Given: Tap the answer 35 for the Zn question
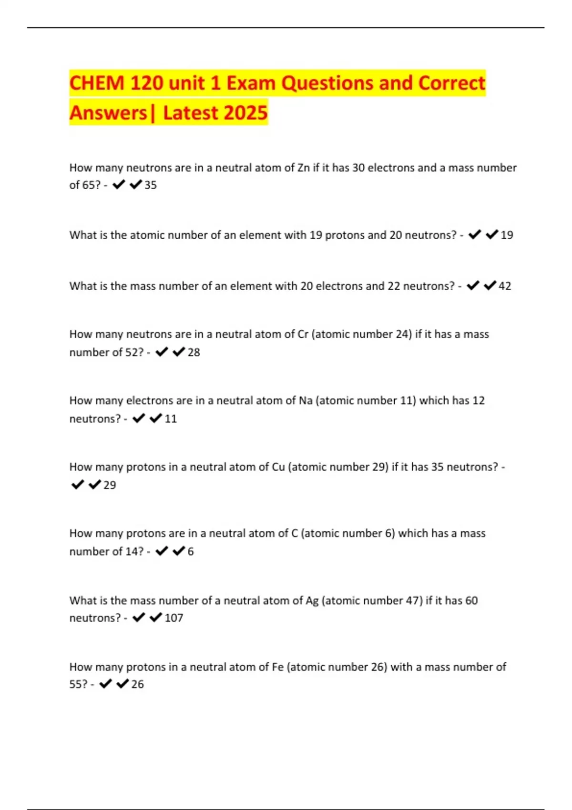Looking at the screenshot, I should point(151,185).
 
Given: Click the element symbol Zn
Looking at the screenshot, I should point(303,168).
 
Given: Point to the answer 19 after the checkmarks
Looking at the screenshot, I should point(507,235).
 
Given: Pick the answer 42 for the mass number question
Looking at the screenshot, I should point(505,286).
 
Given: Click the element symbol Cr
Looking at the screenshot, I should point(303,334).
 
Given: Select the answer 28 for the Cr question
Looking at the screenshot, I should point(194,353).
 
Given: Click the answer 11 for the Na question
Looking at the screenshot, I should point(171,419).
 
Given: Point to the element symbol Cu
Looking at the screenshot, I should point(278,467).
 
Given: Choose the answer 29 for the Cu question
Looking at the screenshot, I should point(110,485).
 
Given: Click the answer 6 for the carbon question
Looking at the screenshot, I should point(191,552).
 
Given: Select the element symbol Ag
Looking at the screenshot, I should point(312,600).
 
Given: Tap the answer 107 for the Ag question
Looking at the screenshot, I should point(174,618).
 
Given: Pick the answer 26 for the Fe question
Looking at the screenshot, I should point(137,684).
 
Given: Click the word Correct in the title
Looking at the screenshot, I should point(451,83).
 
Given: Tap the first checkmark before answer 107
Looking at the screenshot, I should point(138,618).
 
